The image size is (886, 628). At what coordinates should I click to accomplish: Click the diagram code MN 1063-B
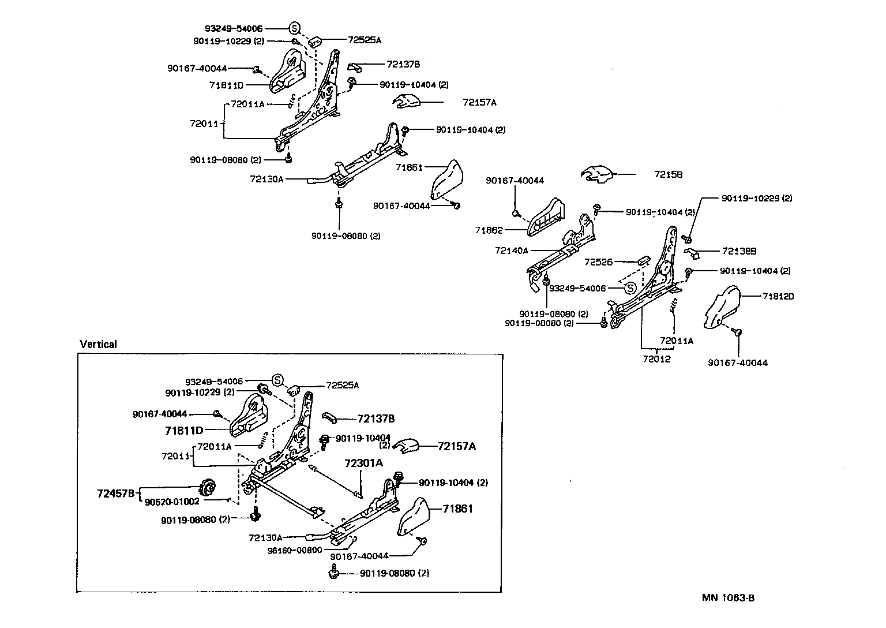tap(728, 597)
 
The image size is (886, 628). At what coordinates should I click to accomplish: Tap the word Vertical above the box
tap(98, 345)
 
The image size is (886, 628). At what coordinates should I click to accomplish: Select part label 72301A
tap(363, 463)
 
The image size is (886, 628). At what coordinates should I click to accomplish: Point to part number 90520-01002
tap(172, 502)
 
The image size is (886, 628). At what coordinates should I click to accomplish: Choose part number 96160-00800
tap(295, 550)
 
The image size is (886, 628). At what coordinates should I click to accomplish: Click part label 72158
tap(668, 174)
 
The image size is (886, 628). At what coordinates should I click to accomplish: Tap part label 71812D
tap(778, 296)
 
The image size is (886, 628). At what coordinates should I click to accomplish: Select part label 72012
tap(657, 358)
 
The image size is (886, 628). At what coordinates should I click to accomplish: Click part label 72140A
tap(511, 251)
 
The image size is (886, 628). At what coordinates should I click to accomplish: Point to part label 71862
tap(489, 230)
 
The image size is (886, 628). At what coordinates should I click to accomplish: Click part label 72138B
tap(739, 251)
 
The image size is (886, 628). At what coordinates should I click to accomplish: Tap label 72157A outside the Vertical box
tap(479, 103)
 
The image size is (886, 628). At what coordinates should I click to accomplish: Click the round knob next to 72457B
tap(207, 488)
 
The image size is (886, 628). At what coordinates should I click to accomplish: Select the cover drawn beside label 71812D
tap(723, 305)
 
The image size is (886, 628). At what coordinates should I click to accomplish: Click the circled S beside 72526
tap(630, 288)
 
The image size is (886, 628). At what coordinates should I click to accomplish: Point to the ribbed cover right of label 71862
tap(546, 218)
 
